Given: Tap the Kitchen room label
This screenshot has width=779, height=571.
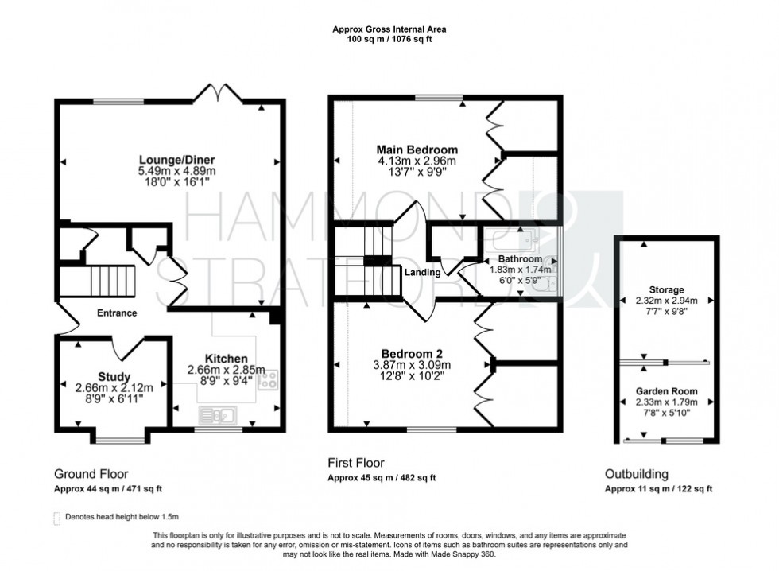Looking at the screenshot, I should pos(226,359).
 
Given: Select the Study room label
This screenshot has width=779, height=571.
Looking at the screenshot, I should pos(114,376).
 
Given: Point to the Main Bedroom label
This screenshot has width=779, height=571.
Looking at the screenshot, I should pos(417,150).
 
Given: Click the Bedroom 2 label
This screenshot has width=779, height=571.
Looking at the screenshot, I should pos(412,353).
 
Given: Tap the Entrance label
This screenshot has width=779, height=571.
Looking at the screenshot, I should pos(117,313).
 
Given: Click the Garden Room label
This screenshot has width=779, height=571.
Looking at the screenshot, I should pos(666,391).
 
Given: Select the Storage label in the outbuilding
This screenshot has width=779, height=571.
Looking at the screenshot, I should pos(665,289).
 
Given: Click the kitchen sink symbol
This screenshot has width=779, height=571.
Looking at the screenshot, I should pos(216,414).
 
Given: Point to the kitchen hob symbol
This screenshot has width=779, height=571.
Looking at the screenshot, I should pos(267,379).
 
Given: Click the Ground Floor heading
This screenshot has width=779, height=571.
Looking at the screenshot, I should pos(91,474).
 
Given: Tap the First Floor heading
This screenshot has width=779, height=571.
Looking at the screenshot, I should pos(356,463).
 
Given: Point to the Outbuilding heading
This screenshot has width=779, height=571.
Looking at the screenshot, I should pos(637,474).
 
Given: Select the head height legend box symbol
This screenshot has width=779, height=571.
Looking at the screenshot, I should pos(56,518).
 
